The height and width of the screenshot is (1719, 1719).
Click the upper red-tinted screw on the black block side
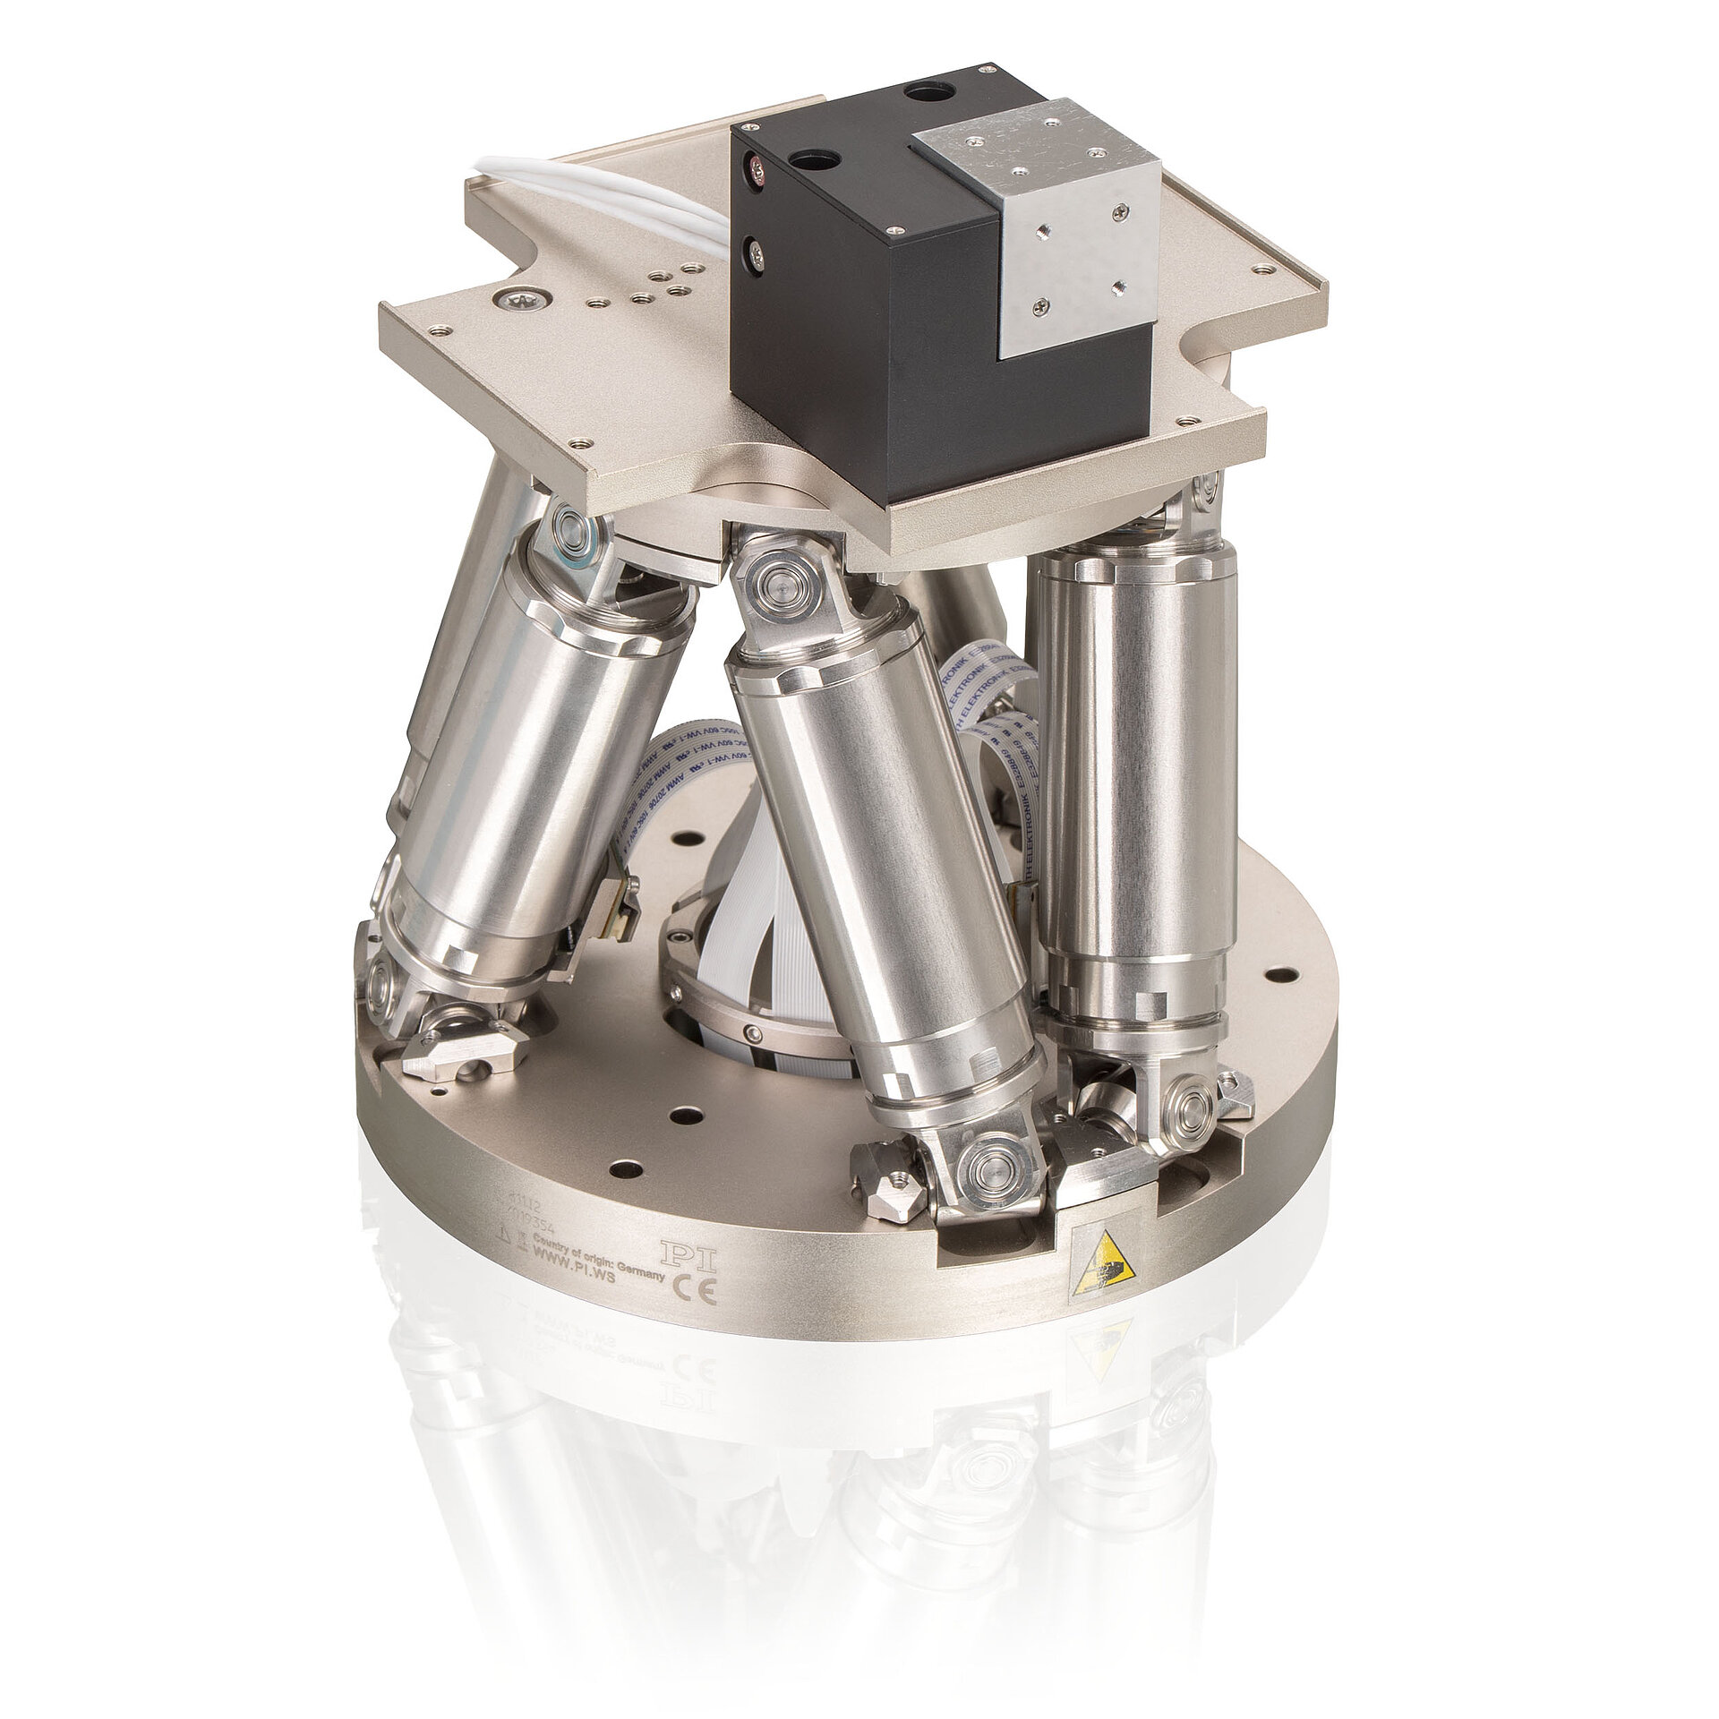click(757, 166)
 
